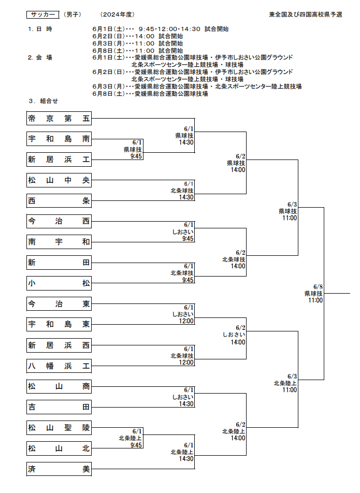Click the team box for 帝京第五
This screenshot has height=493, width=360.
point(59,119)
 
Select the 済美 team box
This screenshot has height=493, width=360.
point(59,469)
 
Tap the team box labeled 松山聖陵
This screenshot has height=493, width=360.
point(59,428)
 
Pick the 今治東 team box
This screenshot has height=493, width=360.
point(59,304)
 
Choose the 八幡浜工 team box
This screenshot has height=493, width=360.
point(59,366)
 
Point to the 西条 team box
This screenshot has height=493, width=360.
point(59,201)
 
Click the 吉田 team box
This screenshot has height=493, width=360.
point(59,407)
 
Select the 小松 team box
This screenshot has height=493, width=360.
point(59,283)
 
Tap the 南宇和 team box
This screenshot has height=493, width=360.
point(59,242)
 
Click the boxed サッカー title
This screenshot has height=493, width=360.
point(43,15)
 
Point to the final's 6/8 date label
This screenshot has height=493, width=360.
point(318,287)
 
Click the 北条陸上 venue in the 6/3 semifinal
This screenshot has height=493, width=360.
point(285,383)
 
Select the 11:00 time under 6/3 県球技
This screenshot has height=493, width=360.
point(290,218)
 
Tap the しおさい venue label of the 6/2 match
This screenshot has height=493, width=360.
point(234,335)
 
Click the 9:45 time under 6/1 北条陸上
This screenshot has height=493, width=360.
point(136,445)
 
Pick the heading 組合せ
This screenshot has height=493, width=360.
point(49,101)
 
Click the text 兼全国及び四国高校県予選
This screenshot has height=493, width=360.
point(306,15)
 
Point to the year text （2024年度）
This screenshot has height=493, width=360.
point(117,15)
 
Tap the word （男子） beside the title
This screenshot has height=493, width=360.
point(73,15)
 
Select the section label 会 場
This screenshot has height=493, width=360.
point(44,57)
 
